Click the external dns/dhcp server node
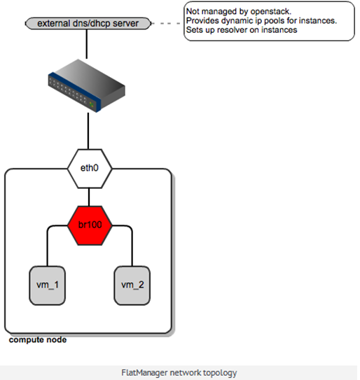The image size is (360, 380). click(x=88, y=24)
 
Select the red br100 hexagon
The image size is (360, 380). click(x=90, y=225)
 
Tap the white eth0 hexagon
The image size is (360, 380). click(x=90, y=169)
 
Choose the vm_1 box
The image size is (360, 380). click(x=48, y=286)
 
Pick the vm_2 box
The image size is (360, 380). click(x=132, y=286)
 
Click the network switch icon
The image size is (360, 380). click(x=87, y=85)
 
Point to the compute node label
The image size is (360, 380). click(x=38, y=340)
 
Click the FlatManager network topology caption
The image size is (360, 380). click(x=179, y=373)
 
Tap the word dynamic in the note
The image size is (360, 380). click(x=237, y=21)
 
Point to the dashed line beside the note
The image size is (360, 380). click(x=166, y=24)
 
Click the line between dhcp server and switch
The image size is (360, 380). click(x=87, y=44)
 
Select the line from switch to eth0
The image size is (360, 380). click(x=88, y=131)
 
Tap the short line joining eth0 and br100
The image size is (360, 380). click(x=89, y=197)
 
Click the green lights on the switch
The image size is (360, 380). click(x=92, y=105)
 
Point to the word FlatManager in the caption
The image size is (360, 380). click(x=144, y=373)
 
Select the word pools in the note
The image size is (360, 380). click(x=275, y=21)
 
